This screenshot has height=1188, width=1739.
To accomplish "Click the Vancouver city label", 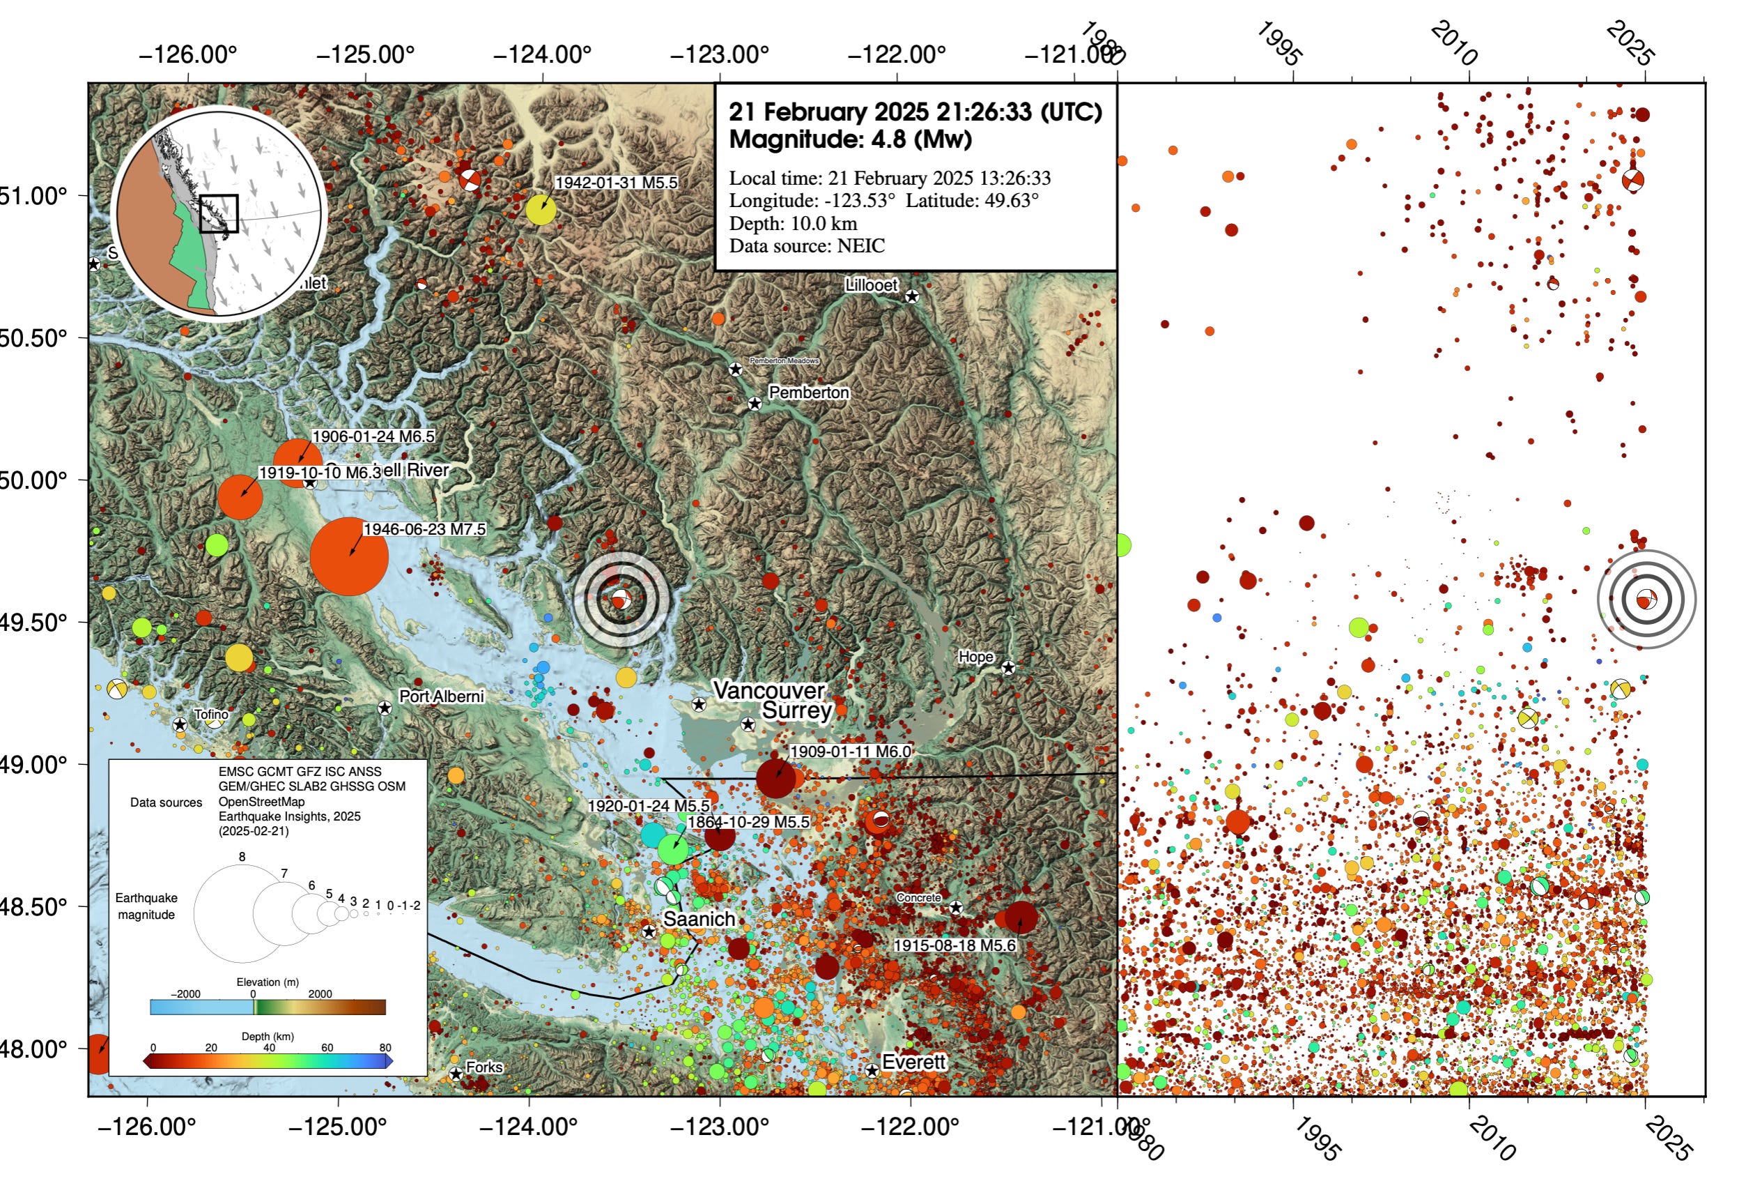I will tap(768, 690).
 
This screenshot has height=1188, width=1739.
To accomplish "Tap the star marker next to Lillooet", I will tap(911, 296).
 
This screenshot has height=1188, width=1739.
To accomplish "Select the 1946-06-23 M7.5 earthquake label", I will tap(424, 529).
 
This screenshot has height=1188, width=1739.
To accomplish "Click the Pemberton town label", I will tap(808, 393).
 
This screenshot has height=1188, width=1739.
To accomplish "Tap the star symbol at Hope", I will tap(1008, 667).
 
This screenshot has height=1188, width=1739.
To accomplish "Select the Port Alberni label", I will tap(441, 696).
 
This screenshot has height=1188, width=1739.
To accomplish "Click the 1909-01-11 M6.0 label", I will tap(850, 751).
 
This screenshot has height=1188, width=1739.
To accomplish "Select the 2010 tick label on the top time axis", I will tap(1453, 43).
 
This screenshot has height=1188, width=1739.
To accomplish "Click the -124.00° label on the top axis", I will tap(542, 54).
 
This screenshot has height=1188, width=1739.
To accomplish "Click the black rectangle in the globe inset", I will tap(219, 214).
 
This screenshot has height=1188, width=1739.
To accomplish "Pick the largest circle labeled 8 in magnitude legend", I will tap(242, 913).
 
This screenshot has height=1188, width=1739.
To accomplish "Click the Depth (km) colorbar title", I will tap(267, 1036).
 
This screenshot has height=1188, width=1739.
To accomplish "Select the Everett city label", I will tap(913, 1062).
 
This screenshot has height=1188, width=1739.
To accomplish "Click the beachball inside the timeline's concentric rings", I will tap(1646, 600).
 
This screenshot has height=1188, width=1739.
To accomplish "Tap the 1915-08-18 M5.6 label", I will tap(954, 945).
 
